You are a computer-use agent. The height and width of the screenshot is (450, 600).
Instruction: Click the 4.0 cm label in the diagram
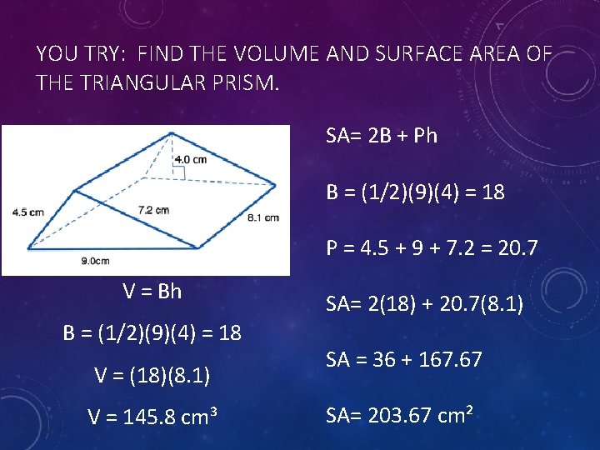(190, 159)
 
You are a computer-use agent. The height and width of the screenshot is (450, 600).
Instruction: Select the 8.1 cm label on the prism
(263, 217)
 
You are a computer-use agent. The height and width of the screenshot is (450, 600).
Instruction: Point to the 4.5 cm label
(27, 212)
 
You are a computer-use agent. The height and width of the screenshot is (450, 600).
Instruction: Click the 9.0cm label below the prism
(95, 261)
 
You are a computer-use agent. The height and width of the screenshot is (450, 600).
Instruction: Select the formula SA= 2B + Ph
(381, 136)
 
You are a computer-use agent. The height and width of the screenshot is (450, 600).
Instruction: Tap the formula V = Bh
(152, 292)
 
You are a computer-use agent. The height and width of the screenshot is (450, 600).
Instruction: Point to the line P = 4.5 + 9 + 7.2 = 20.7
(432, 248)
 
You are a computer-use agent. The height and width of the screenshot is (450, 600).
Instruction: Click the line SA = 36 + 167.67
(404, 360)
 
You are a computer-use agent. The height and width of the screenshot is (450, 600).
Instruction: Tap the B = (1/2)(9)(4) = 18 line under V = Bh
(152, 333)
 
